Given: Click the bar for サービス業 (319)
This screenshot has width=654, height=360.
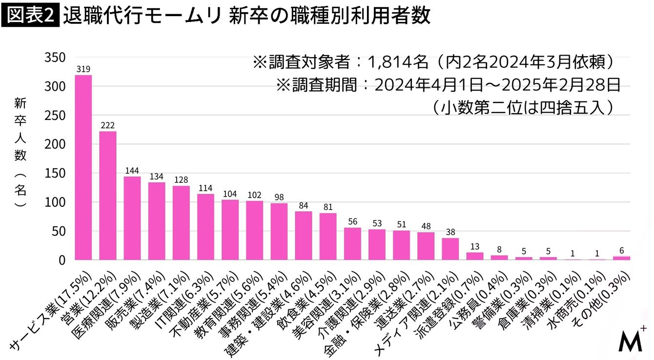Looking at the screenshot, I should pyautogui.click(x=83, y=167).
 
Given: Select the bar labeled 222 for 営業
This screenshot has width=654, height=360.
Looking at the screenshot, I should pyautogui.click(x=108, y=195).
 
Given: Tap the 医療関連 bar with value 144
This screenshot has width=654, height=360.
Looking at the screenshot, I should pyautogui.click(x=132, y=218).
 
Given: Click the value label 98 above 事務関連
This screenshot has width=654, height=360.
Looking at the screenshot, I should pyautogui.click(x=279, y=197).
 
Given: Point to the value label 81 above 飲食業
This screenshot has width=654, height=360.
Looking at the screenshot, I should pyautogui.click(x=327, y=207).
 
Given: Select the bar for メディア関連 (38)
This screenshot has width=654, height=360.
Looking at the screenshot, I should pyautogui.click(x=450, y=249).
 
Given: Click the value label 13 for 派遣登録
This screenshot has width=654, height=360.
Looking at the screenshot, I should pyautogui.click(x=474, y=246).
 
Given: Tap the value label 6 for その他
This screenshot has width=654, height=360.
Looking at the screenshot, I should pyautogui.click(x=621, y=250).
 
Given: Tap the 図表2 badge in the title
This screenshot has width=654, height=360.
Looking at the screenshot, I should pyautogui.click(x=30, y=16).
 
